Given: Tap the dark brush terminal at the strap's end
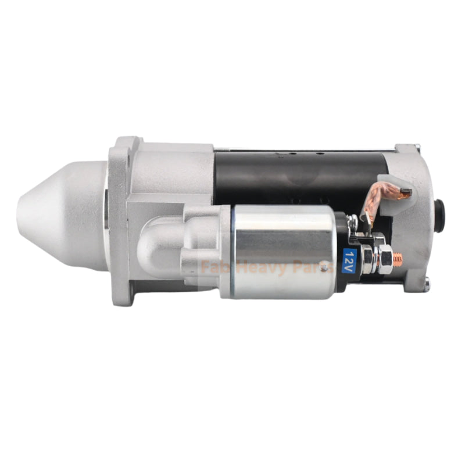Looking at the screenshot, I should pos(405,191).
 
